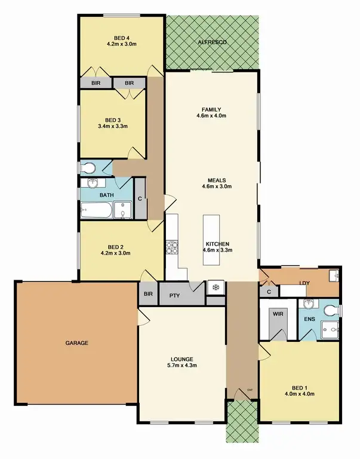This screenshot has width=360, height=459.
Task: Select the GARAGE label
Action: click(77, 343)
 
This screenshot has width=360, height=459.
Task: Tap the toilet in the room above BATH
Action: click(90, 167)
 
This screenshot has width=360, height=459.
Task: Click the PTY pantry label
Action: click(174, 295)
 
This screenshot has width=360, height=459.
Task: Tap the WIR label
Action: click(278, 313)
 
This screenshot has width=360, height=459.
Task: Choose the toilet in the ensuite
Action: click(331, 310)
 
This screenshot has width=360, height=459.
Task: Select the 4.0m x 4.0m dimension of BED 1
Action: click(299, 393)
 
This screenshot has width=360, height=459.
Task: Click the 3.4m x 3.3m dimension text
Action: click(113, 126)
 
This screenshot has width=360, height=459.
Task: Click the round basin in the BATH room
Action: click(93, 183)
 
